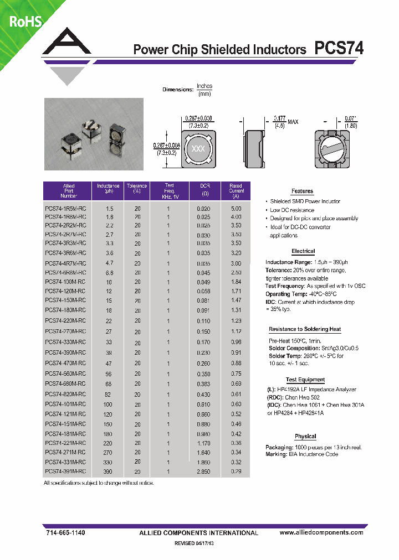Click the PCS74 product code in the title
[x=339, y=49]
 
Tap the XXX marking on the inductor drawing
[x=198, y=149]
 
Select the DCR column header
[x=204, y=190]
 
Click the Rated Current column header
[x=236, y=191]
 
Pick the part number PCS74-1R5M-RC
[x=65, y=209]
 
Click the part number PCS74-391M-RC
[x=65, y=471]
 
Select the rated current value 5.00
[x=236, y=209]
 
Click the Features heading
[x=302, y=191]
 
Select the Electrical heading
[x=303, y=251]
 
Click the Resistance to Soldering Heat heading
[x=305, y=329]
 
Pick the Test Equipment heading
[x=305, y=380]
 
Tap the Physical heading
[x=305, y=437]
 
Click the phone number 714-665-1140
[x=65, y=532]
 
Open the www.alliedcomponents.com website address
[x=321, y=532]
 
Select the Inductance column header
[x=108, y=191]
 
